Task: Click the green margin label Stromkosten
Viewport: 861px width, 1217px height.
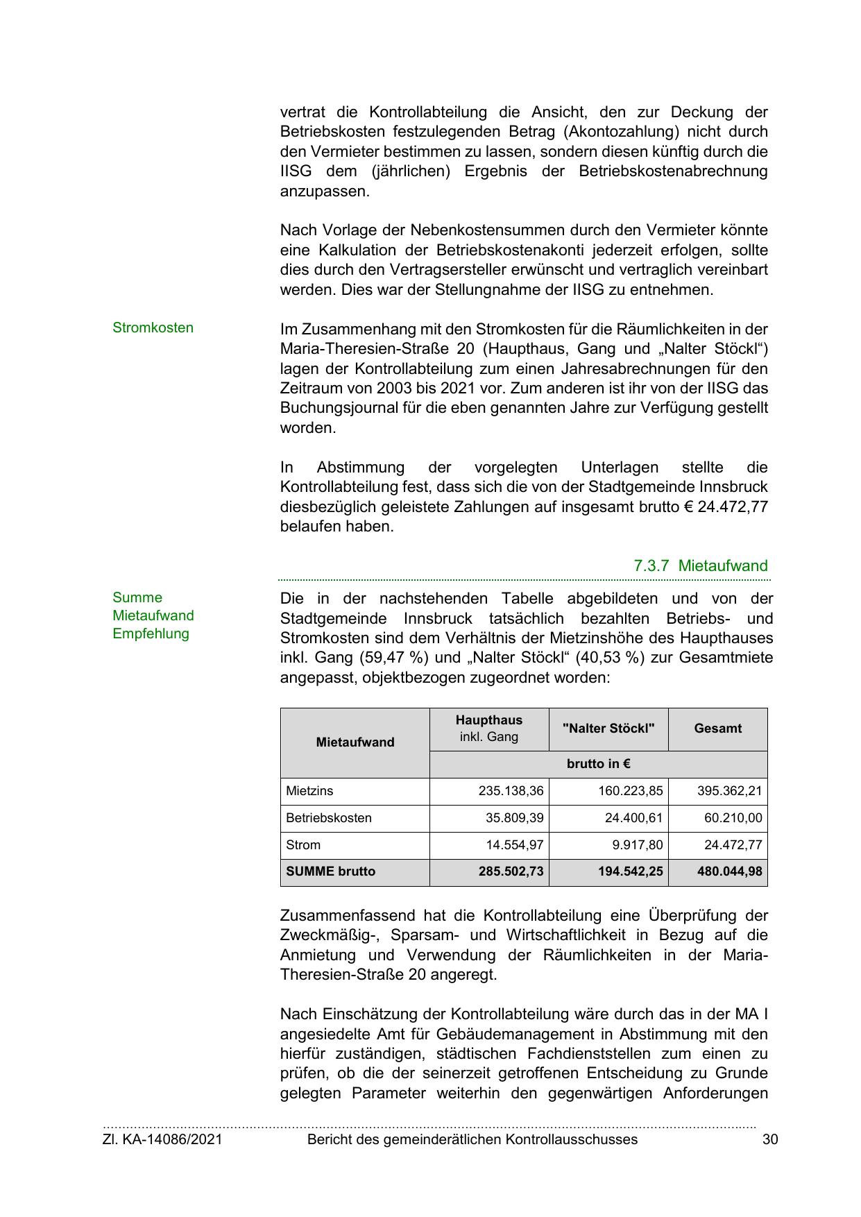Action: (x=153, y=327)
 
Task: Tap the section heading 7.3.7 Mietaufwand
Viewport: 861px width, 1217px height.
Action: (x=700, y=565)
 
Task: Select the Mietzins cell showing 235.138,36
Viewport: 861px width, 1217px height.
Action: (x=511, y=791)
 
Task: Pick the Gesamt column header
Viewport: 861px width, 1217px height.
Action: (x=717, y=729)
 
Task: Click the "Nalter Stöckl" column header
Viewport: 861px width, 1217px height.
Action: (x=608, y=729)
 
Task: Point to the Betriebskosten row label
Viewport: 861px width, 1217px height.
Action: (x=329, y=818)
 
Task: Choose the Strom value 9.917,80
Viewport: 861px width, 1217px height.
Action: (x=634, y=845)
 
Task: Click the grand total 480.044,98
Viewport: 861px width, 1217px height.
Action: (x=729, y=871)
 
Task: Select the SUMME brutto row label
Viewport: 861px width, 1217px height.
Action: (x=330, y=871)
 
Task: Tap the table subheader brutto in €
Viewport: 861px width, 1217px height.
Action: (x=598, y=764)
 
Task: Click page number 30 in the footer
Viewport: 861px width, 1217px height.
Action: (x=769, y=1139)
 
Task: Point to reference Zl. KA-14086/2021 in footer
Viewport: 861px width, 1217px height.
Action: (x=162, y=1139)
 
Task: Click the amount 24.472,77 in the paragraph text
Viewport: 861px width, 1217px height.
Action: (x=733, y=507)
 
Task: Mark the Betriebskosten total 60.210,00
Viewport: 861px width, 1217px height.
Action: (x=733, y=818)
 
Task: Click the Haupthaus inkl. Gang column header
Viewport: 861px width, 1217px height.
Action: (x=488, y=729)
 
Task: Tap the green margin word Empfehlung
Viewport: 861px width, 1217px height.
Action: (x=151, y=633)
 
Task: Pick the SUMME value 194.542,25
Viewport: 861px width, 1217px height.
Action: (x=630, y=871)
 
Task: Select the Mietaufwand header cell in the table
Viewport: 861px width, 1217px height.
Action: (x=355, y=742)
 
